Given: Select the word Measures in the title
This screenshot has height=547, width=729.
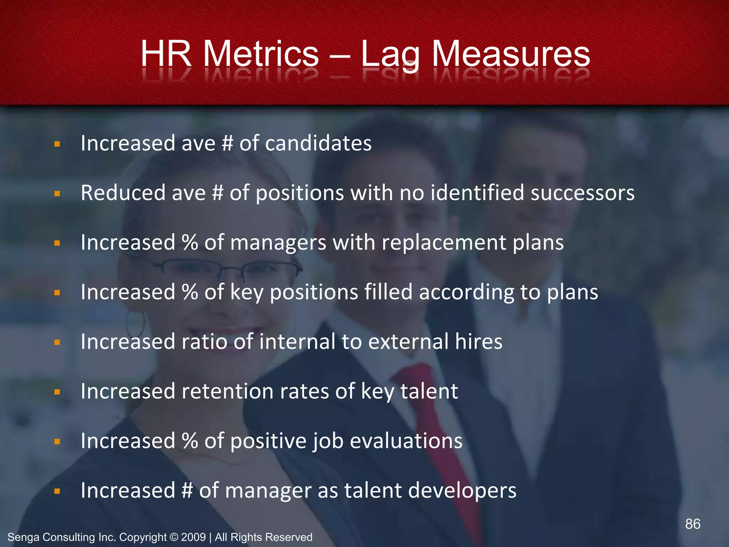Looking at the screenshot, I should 511,54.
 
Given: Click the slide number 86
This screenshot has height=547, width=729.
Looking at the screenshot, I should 693,524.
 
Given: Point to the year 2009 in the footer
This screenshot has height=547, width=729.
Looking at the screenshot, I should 193,537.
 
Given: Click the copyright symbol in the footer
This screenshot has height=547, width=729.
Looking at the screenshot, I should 174,537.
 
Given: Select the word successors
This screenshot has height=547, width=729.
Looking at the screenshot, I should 582,193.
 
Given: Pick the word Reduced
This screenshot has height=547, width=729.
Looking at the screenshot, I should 122,193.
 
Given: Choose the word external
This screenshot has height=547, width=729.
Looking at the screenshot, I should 408,342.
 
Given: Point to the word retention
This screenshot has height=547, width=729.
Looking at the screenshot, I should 227,391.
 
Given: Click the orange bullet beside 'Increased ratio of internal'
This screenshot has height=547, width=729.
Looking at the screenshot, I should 57,343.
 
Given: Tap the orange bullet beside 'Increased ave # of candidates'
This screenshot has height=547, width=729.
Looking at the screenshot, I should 57,144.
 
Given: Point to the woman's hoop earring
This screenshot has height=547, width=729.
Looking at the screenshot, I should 136,322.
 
